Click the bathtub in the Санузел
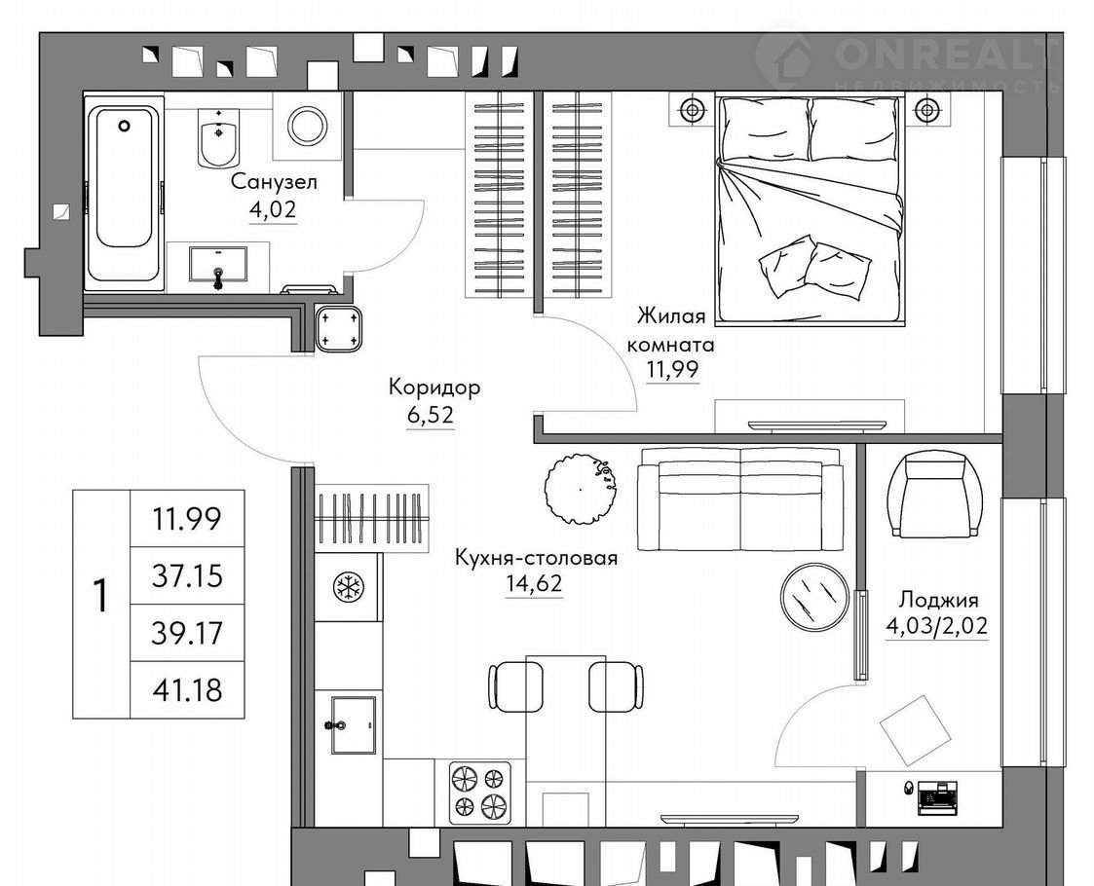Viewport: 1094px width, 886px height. [124, 193]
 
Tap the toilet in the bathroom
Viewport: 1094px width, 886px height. [219, 138]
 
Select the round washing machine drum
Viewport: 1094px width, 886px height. [308, 127]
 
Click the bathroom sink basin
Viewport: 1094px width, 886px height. [218, 264]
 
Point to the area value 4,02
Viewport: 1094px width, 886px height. [273, 209]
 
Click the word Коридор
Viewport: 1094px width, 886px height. [434, 387]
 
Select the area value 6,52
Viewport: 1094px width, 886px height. [431, 416]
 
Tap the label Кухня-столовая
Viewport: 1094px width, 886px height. [536, 558]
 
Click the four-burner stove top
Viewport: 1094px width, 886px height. [479, 789]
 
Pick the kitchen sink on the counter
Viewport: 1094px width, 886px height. [354, 725]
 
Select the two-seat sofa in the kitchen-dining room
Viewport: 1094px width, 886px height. [740, 499]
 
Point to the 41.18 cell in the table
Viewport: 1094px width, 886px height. [187, 689]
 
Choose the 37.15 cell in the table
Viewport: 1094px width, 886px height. [187, 575]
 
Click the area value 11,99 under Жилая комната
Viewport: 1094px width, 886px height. [672, 369]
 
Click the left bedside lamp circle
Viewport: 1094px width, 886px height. [692, 110]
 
